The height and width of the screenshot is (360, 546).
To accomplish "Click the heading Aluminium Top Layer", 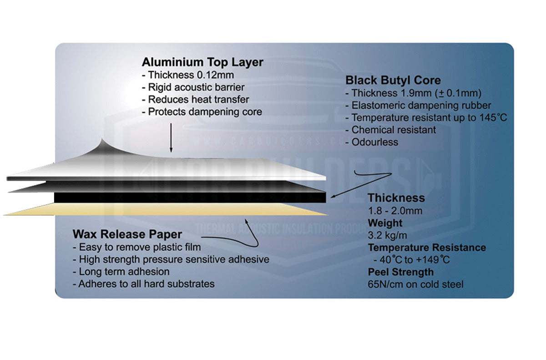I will click(202, 62).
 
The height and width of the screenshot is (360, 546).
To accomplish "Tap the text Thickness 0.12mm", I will click(191, 75).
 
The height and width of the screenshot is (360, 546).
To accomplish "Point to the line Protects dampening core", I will click(202, 112).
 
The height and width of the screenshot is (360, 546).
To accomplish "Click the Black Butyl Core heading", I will click(393, 80).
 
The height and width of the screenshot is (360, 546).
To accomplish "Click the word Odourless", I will click(374, 142).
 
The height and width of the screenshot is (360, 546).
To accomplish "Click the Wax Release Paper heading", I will click(127, 234).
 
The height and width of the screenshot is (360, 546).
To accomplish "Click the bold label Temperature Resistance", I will click(427, 248).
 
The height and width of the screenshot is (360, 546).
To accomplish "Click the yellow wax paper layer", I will click(164, 209).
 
